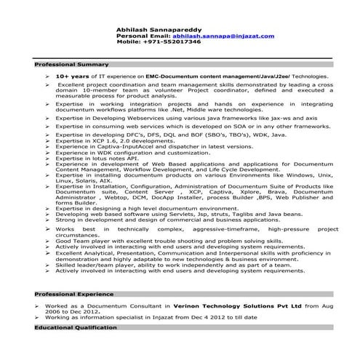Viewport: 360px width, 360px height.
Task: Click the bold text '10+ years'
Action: (72, 76)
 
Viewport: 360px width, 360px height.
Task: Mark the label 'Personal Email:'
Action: (139, 36)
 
